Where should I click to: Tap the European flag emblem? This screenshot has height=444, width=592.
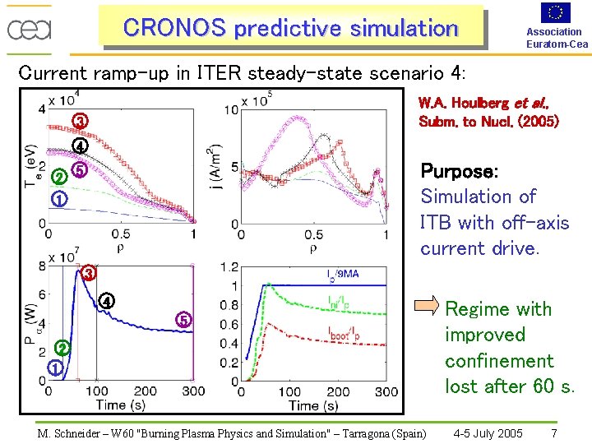(556, 12)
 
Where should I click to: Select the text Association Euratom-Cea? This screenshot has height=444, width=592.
(557, 38)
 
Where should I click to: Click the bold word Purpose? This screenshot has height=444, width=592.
(459, 172)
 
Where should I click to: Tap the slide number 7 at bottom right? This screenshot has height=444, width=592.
(554, 433)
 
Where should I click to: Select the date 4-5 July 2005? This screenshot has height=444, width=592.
(488, 433)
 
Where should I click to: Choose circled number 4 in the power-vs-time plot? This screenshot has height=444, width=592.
(106, 301)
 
